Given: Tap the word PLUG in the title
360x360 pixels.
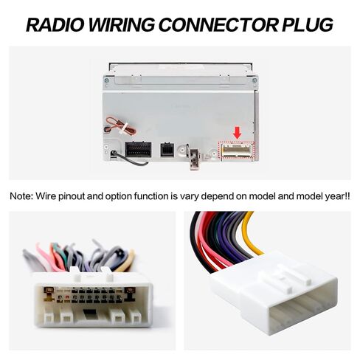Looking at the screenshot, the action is pyautogui.click(x=307, y=24).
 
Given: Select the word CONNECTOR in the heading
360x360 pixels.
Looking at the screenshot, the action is pyautogui.click(x=218, y=24).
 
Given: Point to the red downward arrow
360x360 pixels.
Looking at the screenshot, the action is pyautogui.click(x=237, y=133).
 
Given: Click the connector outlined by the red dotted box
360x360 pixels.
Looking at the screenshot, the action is pyautogui.click(x=237, y=150).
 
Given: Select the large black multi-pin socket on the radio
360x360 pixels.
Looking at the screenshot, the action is pyautogui.click(x=138, y=150).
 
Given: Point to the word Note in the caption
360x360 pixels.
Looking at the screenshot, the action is pyautogui.click(x=21, y=196).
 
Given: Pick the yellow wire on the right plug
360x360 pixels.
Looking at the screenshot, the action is pyautogui.click(x=250, y=234).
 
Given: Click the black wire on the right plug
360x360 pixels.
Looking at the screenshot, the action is pyautogui.click(x=197, y=242).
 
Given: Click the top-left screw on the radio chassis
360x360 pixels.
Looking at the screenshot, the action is pyautogui.click(x=106, y=80).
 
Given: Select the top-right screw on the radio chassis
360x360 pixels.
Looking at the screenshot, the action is pyautogui.click(x=255, y=80).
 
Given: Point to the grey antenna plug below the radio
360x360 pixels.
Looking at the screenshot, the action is pyautogui.click(x=195, y=159).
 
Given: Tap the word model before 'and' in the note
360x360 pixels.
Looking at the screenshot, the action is pyautogui.click(x=263, y=196).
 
